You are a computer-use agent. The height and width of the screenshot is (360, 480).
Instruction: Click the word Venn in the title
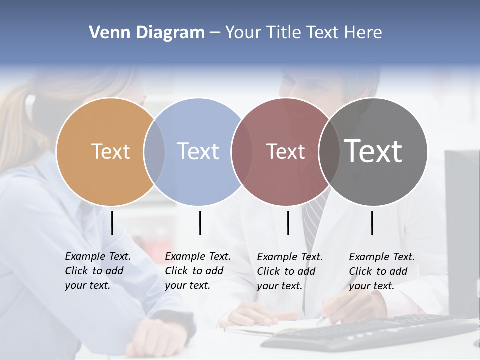pyautogui.click(x=106, y=33)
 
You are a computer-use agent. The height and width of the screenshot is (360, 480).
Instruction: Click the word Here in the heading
pyautogui.click(x=363, y=33)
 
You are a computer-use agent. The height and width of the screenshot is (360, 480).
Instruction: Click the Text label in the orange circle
pyautogui.click(x=110, y=151)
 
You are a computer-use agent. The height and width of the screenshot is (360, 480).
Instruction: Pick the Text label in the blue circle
pyautogui.click(x=198, y=151)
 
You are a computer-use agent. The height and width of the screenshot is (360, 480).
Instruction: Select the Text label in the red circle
pyautogui.click(x=285, y=151)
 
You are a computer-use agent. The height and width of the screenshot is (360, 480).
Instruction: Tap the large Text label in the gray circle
pyautogui.click(x=373, y=151)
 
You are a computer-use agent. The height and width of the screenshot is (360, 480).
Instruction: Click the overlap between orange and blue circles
pyautogui.click(x=154, y=151)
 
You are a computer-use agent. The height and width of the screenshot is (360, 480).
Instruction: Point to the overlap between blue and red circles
pyautogui.click(x=242, y=151)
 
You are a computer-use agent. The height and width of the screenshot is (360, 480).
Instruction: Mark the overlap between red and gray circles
pyautogui.click(x=328, y=151)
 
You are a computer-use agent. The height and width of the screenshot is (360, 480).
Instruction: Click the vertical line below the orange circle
pyautogui.click(x=112, y=223)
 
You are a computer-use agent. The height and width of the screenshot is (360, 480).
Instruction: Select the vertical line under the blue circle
pyautogui.click(x=200, y=223)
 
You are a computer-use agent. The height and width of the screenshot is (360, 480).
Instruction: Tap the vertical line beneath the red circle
pyautogui.click(x=288, y=223)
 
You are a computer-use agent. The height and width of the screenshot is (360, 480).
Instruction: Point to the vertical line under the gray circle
pyautogui.click(x=372, y=223)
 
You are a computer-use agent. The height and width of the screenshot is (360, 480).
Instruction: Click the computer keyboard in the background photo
pyautogui.click(x=370, y=332)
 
